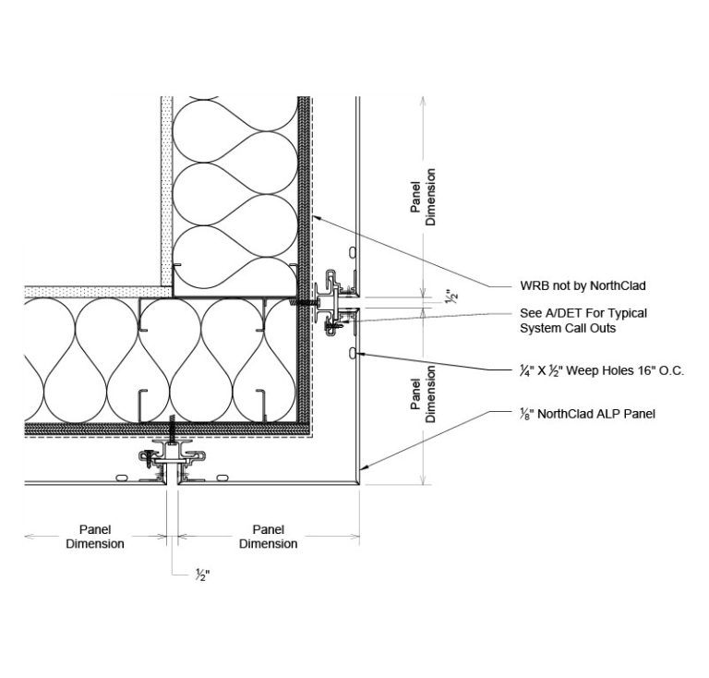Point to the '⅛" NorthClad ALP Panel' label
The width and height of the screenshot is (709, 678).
click(587, 414)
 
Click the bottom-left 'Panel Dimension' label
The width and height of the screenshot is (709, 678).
click(94, 537)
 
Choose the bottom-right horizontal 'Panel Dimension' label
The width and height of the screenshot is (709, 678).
click(268, 537)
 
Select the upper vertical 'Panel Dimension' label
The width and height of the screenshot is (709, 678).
click(423, 197)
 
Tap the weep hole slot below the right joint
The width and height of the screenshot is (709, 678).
click(353, 353)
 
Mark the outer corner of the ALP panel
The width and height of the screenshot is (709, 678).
click(358, 482)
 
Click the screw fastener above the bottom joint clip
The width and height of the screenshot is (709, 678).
click(172, 429)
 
